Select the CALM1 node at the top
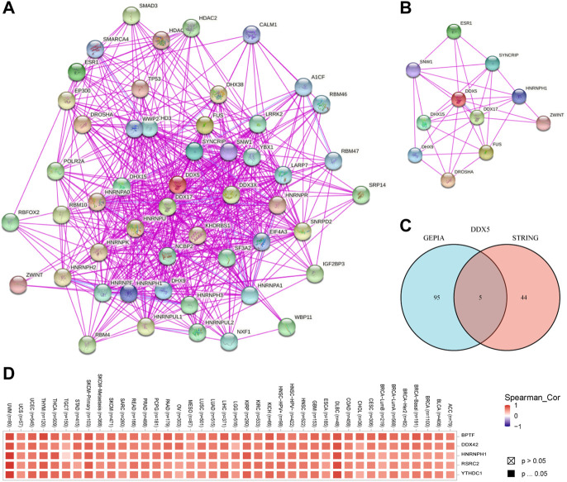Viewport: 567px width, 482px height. (252, 35)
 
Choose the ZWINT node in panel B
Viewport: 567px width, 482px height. (543, 123)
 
